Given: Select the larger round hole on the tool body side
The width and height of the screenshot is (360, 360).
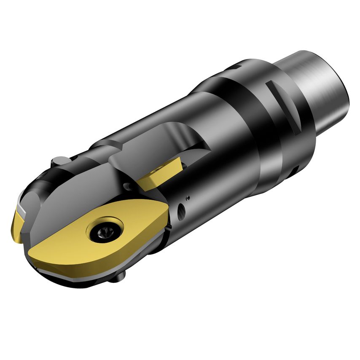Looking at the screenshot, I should click(181, 210).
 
